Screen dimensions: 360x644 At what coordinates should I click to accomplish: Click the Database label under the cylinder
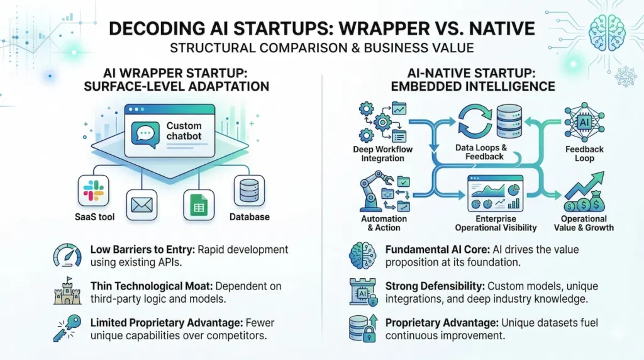point(250,217)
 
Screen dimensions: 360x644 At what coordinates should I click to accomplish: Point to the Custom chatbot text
point(184,131)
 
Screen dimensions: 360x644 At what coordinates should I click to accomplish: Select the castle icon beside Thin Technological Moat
point(67,291)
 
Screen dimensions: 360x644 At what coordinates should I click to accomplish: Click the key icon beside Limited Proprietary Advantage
point(67,328)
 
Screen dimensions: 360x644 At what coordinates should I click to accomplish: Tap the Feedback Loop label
point(584,154)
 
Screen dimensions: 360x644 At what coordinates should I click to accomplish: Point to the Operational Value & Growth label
point(587,223)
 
